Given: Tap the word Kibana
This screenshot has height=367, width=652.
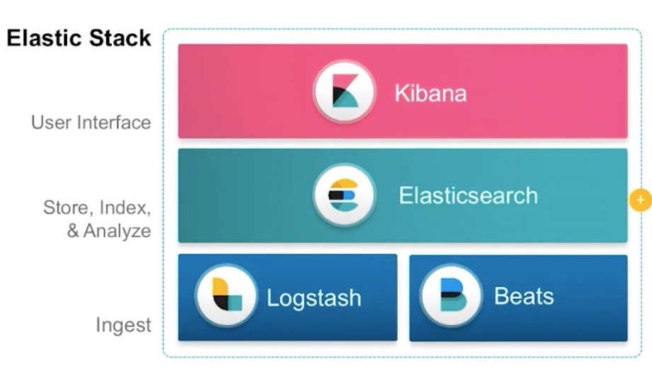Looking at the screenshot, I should click(430, 93).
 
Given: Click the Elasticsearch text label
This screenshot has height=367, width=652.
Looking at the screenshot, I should click(468, 195).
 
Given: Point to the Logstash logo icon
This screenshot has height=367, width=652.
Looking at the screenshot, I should click(226, 296).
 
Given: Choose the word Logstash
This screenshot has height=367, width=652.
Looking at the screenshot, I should click(314, 298).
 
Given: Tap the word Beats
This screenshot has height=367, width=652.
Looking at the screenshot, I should click(523, 296).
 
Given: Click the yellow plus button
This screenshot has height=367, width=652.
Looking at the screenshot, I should click(640, 201).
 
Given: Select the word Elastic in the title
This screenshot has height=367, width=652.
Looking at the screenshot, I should click(44, 38).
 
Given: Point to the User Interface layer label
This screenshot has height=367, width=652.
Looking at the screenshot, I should click(91, 123).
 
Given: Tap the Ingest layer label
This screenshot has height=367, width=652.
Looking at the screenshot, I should click(123, 325).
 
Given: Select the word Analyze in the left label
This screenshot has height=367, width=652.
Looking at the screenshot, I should click(117, 231).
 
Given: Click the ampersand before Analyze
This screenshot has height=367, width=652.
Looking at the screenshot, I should click(73, 231).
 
